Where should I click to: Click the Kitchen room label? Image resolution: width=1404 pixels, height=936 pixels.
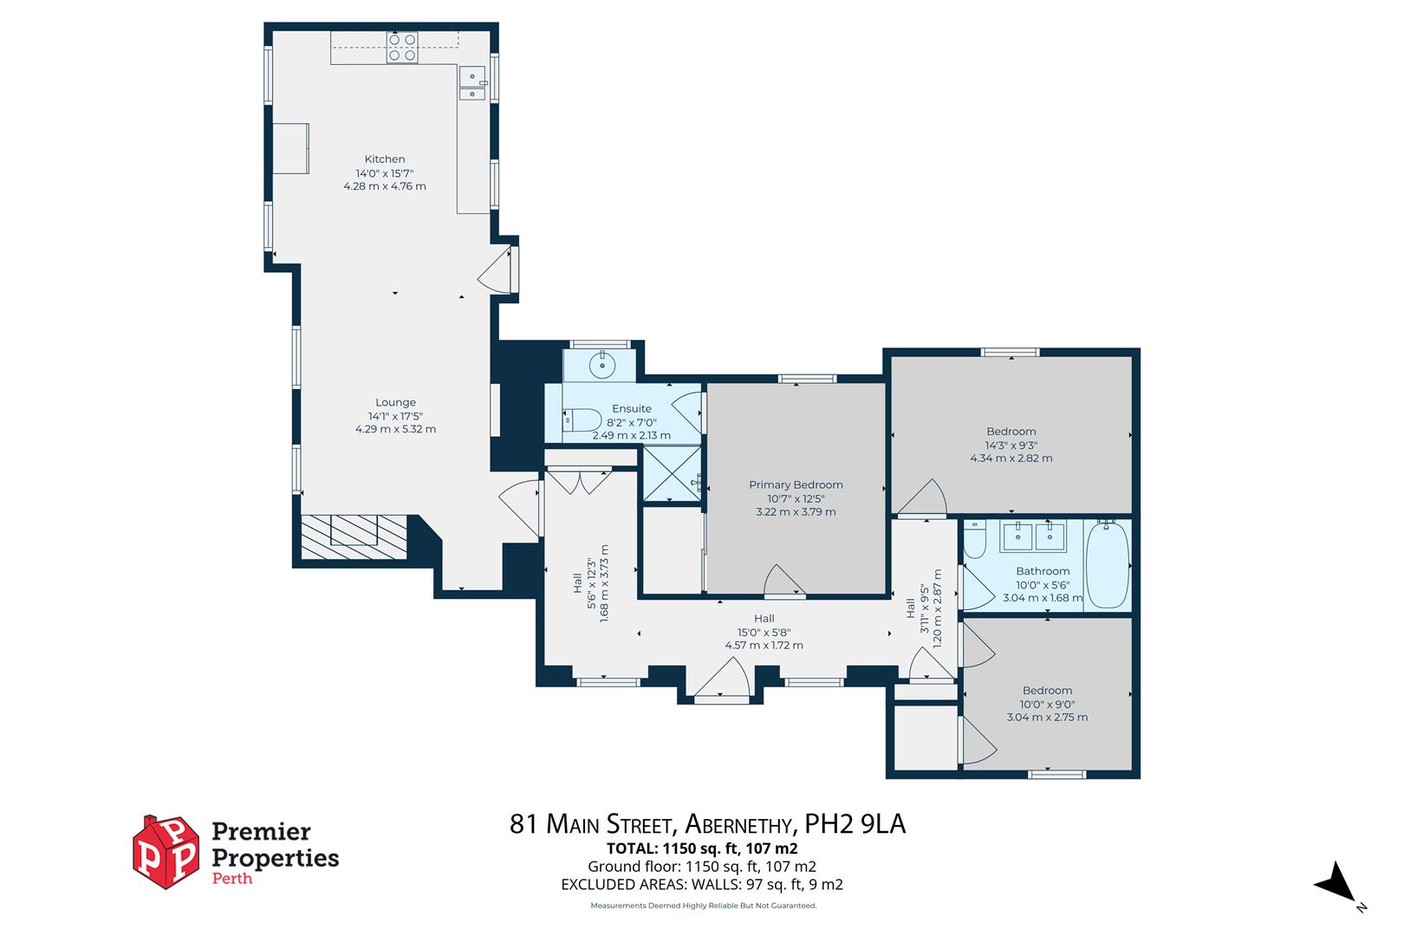click(x=384, y=159)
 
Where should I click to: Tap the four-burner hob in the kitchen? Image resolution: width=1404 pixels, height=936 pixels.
click(x=402, y=47)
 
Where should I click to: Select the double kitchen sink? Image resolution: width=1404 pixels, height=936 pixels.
click(x=472, y=83)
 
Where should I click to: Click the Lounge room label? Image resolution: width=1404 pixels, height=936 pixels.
click(x=395, y=402)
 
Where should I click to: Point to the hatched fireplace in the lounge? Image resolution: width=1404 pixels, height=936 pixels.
click(x=354, y=536)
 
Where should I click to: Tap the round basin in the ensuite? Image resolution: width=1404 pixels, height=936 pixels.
click(x=601, y=366)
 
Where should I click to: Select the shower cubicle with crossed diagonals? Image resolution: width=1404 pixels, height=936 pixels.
click(x=671, y=473)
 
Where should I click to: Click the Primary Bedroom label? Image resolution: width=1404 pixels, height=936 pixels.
click(x=796, y=484)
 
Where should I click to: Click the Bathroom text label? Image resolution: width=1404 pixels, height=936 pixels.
click(x=1043, y=571)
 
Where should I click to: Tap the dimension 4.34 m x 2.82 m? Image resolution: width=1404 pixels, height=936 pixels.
click(x=1011, y=458)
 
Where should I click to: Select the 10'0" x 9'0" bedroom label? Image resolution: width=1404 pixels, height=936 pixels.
click(x=1047, y=705)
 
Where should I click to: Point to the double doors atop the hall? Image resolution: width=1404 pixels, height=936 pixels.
click(x=580, y=481)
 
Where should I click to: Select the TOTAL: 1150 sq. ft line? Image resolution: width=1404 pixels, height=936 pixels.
click(x=702, y=848)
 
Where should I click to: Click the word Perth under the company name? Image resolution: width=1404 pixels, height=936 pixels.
click(x=232, y=878)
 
